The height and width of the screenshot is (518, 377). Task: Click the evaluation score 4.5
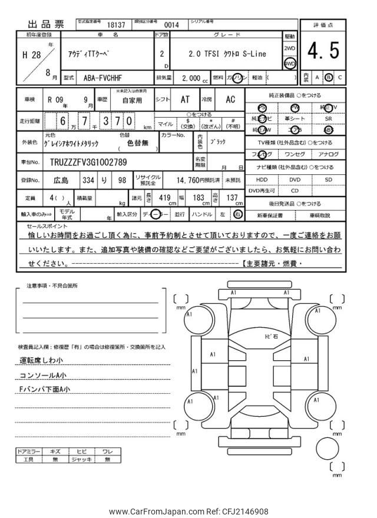(x=323, y=52)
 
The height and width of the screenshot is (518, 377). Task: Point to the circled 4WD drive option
(x=289, y=62)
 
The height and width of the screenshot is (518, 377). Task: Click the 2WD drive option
(x=289, y=48)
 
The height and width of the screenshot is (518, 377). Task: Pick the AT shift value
(x=184, y=99)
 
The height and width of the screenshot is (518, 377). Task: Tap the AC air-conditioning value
(x=231, y=99)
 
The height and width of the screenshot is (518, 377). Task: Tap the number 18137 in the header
(x=116, y=25)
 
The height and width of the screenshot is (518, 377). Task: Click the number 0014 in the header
(x=171, y=25)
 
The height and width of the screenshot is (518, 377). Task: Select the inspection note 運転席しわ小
(x=41, y=360)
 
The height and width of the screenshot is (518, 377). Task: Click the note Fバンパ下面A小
(x=45, y=389)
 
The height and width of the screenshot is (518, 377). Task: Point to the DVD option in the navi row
(x=295, y=180)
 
